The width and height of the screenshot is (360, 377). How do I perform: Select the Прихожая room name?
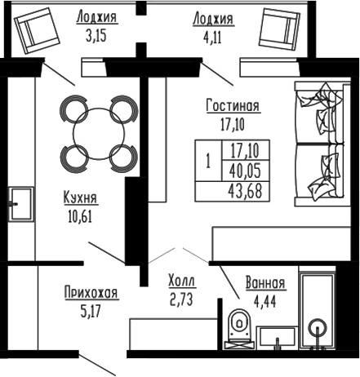click(91, 292)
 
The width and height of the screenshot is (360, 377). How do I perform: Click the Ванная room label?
click(265, 283)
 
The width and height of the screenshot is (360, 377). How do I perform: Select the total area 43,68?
click(246, 190)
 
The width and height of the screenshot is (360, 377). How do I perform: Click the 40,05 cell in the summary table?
click(246, 171)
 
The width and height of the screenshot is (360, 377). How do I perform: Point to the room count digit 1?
click(208, 161)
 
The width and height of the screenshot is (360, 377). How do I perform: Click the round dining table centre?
click(96, 132)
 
